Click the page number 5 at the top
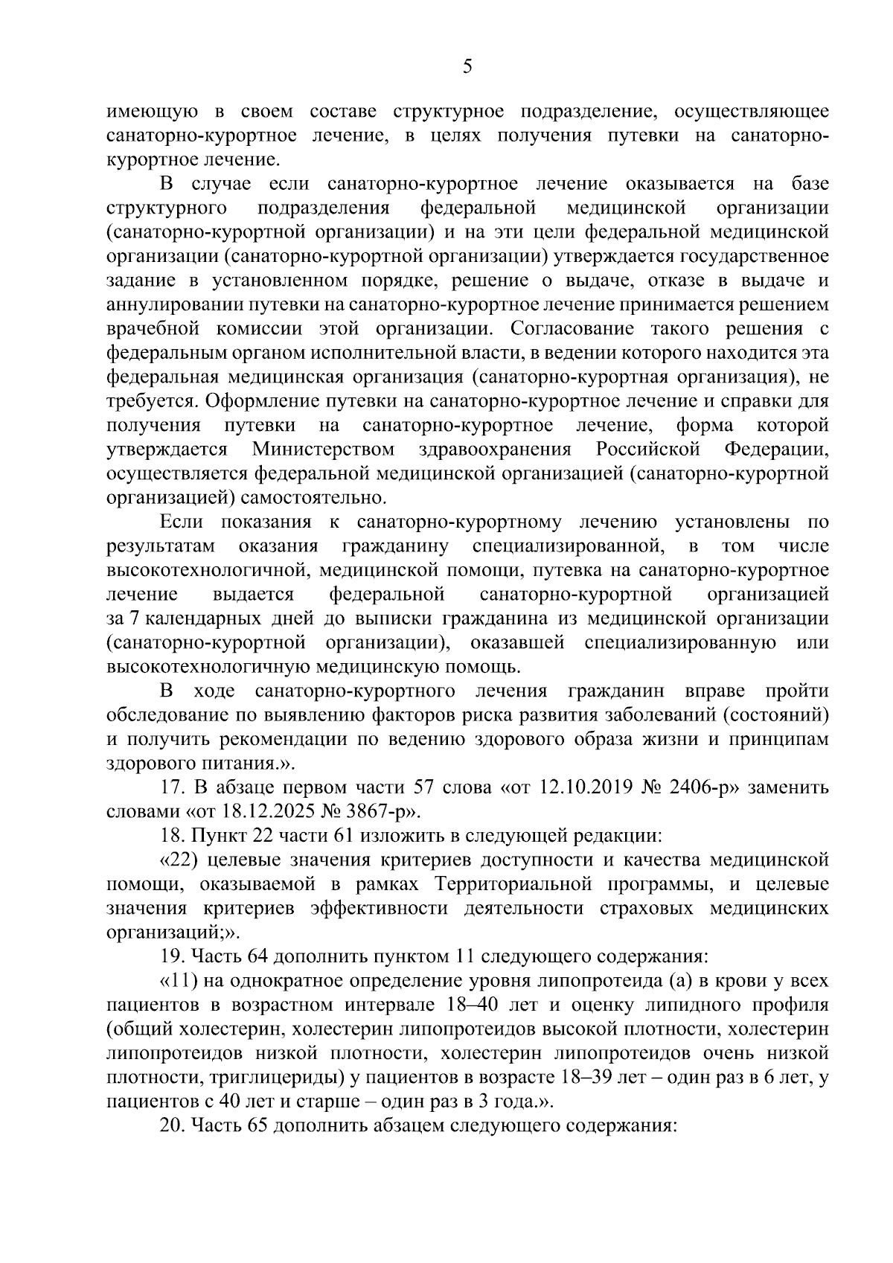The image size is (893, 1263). [x=467, y=68]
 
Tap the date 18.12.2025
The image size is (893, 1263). [x=263, y=811]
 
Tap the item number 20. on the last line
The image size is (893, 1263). [x=173, y=1125]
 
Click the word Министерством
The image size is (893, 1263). [x=323, y=450]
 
